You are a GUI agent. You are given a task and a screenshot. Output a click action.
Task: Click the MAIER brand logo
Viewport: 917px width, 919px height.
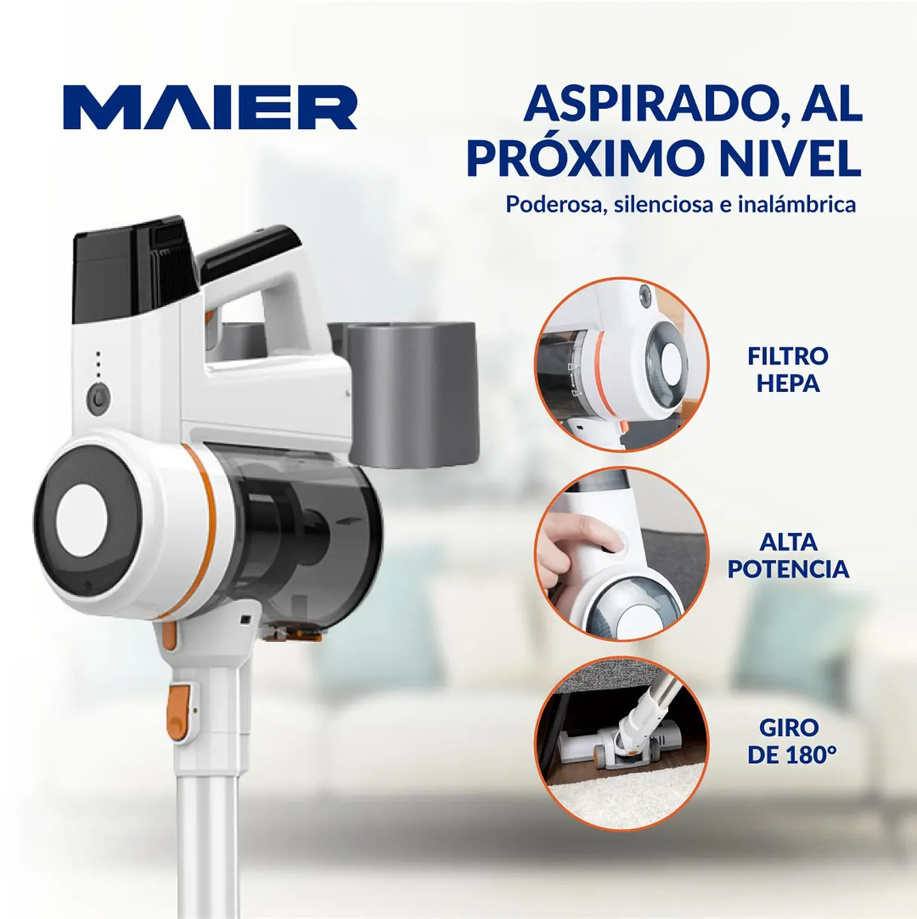point(210,107)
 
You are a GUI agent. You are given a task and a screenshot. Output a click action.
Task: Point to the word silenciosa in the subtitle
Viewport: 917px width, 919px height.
point(663,205)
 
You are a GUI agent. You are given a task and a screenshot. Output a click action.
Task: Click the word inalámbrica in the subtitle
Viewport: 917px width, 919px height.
point(797,205)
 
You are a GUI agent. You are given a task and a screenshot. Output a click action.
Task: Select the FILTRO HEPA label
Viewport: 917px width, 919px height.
point(788,370)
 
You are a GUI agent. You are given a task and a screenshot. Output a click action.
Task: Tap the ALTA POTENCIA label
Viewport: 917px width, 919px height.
point(788,555)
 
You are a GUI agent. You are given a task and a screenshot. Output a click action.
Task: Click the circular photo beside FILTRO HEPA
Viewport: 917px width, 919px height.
point(622,365)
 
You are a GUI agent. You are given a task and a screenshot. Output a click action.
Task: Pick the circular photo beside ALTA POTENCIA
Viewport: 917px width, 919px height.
point(622,554)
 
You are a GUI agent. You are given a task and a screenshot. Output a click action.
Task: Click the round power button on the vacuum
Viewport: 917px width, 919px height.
point(99,399)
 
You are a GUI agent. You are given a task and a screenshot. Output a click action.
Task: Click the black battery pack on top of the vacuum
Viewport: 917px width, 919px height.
point(134,268)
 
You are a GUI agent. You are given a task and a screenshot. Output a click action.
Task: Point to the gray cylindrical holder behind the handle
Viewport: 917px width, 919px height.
point(413,392)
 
